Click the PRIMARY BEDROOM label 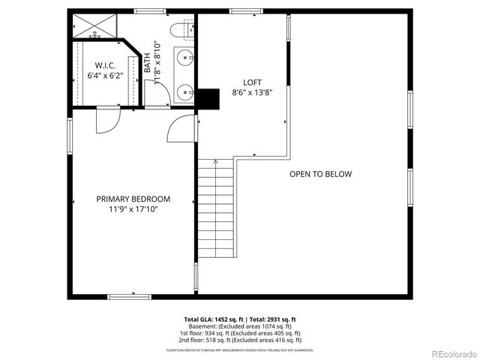coord(133,199)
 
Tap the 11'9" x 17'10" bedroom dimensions coord(133,209)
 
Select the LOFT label coord(252,82)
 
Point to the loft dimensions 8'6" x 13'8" coord(252,93)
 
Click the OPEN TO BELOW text coord(320,174)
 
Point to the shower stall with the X coord(95,27)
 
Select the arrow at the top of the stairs coord(215,163)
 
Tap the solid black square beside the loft coord(208,98)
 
